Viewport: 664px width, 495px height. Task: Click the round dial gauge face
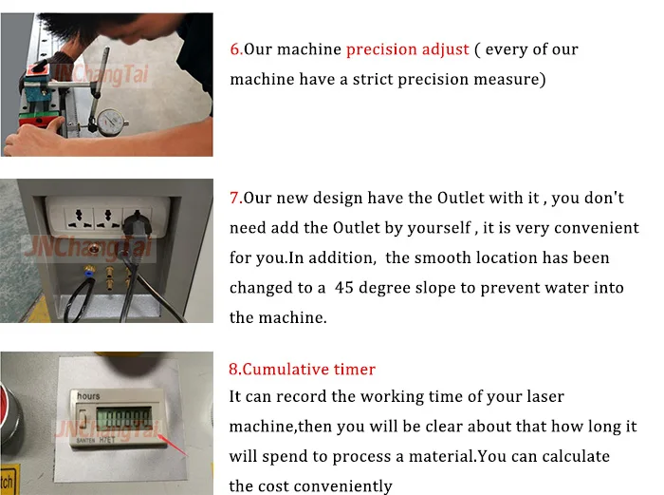click(113, 123)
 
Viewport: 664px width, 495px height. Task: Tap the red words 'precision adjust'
click(407, 49)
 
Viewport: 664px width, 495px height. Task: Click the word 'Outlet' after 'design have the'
click(460, 198)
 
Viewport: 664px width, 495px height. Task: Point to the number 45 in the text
click(343, 288)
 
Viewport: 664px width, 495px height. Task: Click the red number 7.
click(234, 198)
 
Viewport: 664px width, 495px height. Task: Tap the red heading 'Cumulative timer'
click(308, 370)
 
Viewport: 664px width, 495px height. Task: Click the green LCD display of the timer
click(123, 418)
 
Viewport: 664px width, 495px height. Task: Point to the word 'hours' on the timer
click(88, 396)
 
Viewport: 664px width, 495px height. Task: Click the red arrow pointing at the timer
click(173, 444)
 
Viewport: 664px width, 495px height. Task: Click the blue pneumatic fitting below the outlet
click(89, 270)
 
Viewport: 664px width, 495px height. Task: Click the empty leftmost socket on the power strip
click(79, 218)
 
